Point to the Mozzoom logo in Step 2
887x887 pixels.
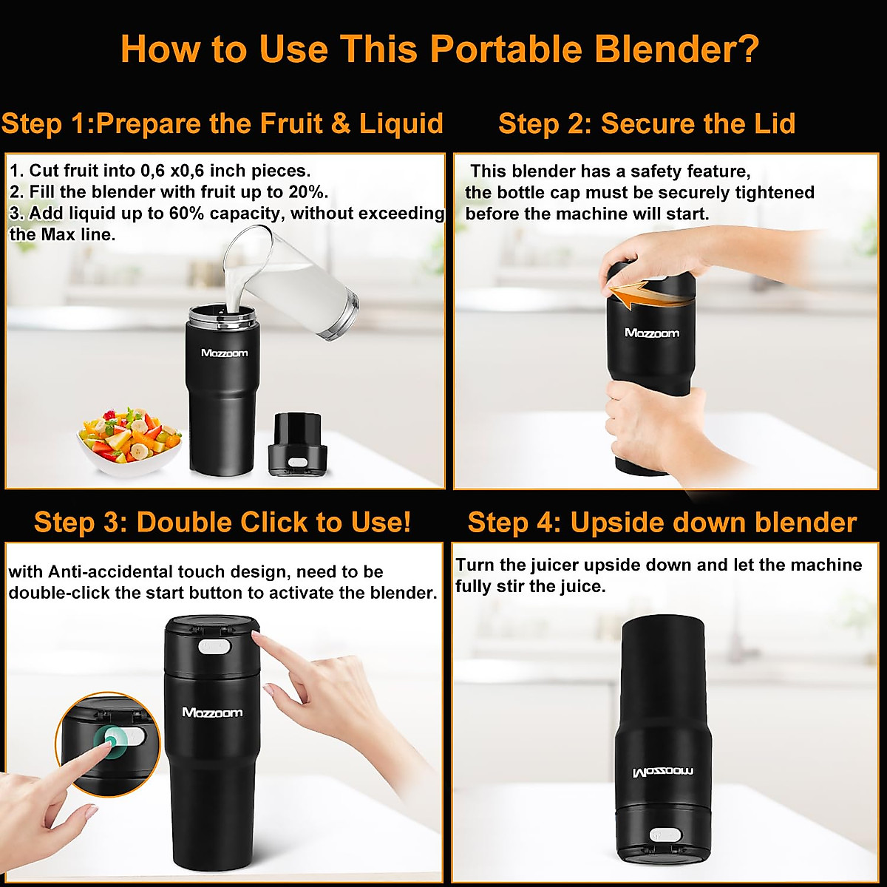point(651,333)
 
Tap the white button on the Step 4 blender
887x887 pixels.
point(665,835)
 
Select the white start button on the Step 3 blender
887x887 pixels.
point(215,647)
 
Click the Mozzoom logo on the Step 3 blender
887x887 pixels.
point(212,713)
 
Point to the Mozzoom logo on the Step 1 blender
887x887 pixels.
point(224,353)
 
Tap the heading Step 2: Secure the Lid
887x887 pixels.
point(647,123)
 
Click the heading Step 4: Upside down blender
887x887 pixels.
point(662,523)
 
